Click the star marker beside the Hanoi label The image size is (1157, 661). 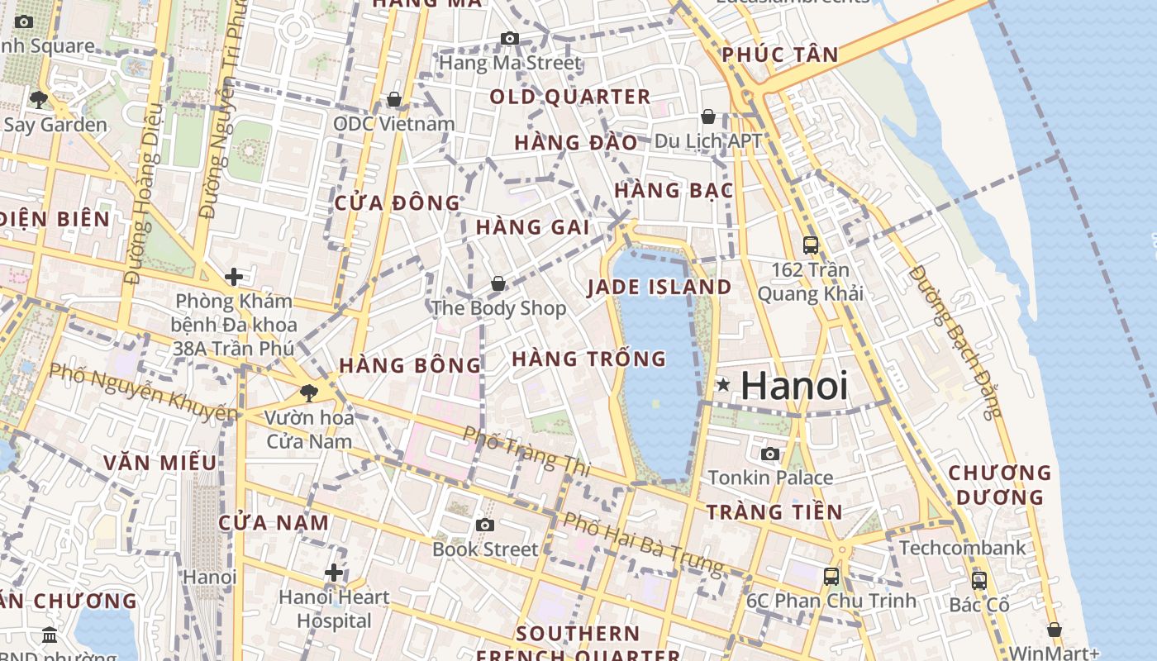(x=723, y=384)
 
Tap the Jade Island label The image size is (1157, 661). (x=659, y=288)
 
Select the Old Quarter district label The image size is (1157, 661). (x=570, y=97)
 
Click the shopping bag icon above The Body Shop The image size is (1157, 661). (x=498, y=283)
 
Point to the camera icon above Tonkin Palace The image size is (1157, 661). (x=770, y=454)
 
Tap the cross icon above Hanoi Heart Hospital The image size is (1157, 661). (x=334, y=572)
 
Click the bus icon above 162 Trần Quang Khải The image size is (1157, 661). (x=811, y=245)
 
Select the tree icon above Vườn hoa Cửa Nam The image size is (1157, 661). (x=309, y=392)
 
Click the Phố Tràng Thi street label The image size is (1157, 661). (x=526, y=450)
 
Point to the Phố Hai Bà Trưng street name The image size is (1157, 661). (x=642, y=544)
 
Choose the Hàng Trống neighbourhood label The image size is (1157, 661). (x=588, y=359)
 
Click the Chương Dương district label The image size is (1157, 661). (x=999, y=485)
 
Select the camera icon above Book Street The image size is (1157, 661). (x=485, y=525)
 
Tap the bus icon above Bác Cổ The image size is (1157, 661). (x=979, y=580)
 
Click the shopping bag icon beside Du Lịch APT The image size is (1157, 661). (x=708, y=117)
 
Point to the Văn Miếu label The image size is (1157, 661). (x=160, y=463)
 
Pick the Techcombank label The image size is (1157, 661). (x=962, y=548)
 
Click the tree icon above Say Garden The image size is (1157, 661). (x=38, y=100)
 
